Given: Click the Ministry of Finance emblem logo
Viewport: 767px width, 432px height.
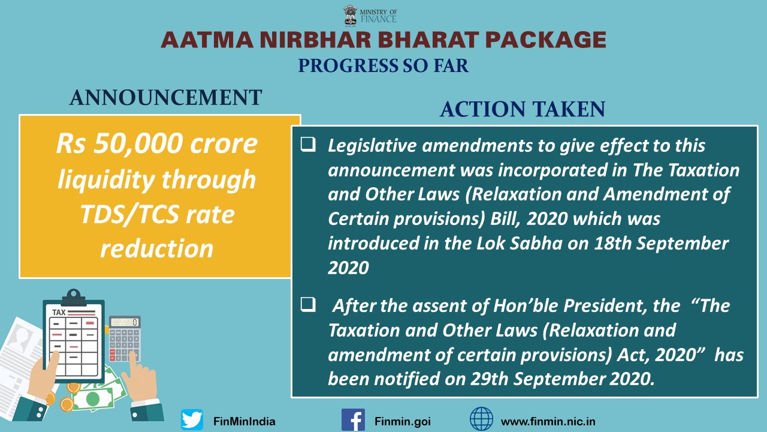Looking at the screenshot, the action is (x=351, y=16).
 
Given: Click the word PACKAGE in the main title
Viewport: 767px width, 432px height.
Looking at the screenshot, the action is (x=546, y=40).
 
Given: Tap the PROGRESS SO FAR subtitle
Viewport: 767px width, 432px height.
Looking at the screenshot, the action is (x=383, y=66).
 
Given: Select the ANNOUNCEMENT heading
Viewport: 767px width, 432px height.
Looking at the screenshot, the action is (x=166, y=97).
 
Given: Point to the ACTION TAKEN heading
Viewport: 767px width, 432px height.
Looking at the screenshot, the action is (x=523, y=109).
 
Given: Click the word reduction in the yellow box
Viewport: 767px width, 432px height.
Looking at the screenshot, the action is (x=157, y=248).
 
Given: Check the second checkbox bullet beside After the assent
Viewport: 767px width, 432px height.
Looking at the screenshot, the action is (x=308, y=304).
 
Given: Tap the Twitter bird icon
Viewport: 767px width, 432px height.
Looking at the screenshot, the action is (x=192, y=419).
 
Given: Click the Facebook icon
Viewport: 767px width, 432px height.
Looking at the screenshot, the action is (x=353, y=419).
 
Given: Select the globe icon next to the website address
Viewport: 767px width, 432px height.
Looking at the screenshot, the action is (x=481, y=419).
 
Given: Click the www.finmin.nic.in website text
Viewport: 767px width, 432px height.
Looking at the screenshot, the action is (x=548, y=421).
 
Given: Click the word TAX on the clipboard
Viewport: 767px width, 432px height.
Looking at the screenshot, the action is (x=59, y=313).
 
